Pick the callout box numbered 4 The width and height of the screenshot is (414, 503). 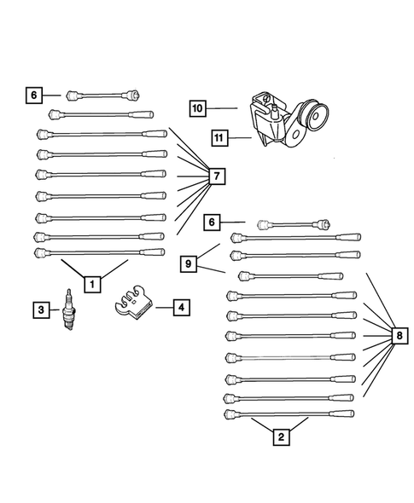click(x=181, y=305)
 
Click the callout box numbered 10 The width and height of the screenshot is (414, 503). click(x=197, y=108)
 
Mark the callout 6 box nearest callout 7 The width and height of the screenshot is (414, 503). click(x=33, y=95)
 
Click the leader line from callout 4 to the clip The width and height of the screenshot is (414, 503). click(x=163, y=305)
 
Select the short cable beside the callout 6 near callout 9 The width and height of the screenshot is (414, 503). click(x=294, y=225)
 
